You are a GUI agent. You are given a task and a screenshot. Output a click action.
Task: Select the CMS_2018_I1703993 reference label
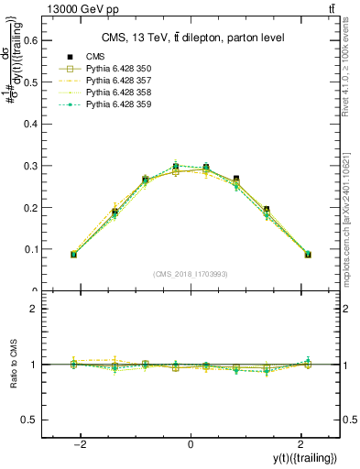pyautogui.click(x=190, y=274)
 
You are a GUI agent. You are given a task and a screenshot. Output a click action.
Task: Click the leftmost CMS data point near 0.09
pyautogui.click(x=73, y=254)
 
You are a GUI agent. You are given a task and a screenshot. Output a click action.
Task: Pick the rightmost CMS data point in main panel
pyautogui.click(x=308, y=254)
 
